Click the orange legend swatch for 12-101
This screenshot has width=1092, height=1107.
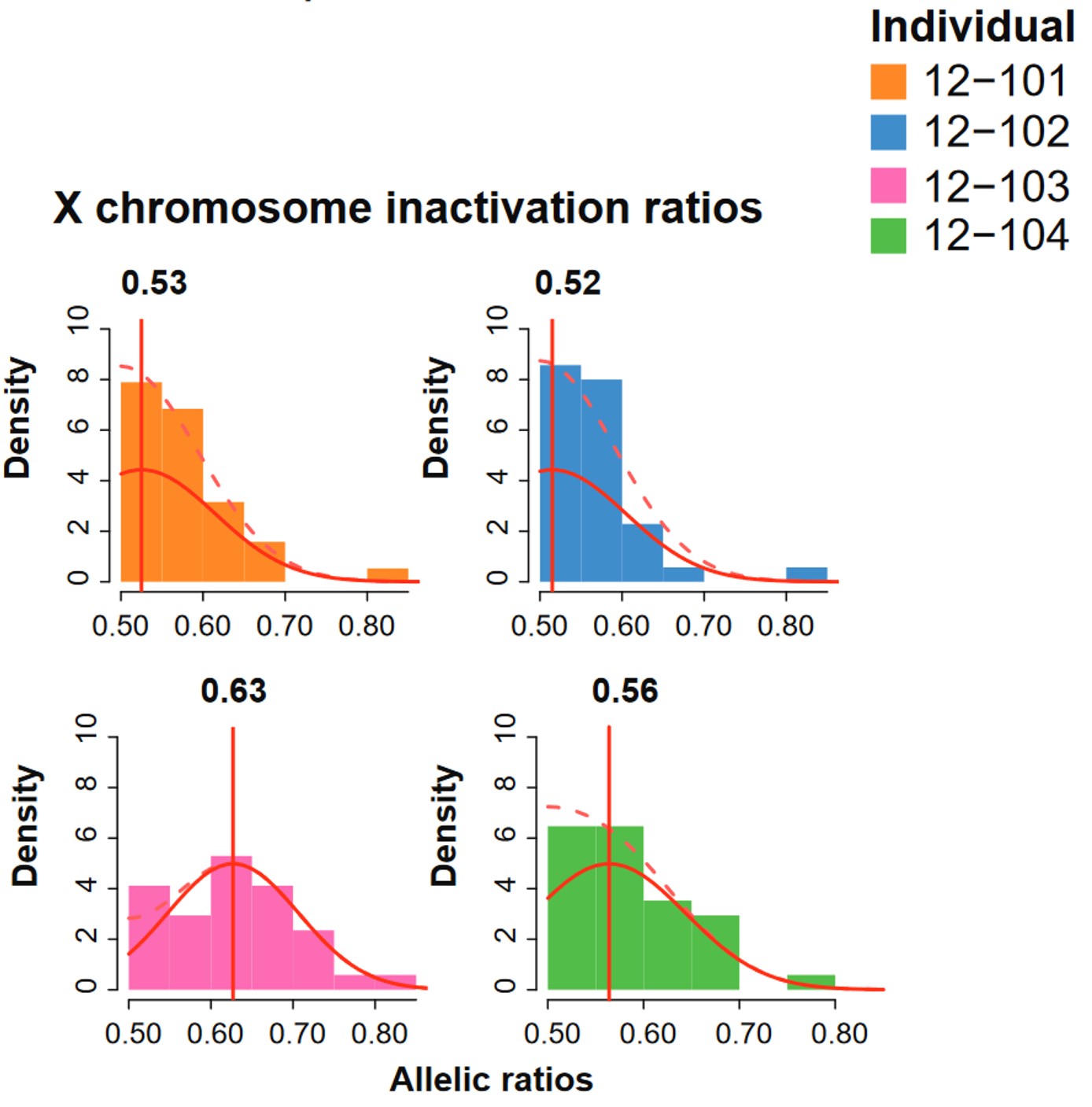(887, 82)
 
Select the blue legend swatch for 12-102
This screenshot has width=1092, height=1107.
(887, 132)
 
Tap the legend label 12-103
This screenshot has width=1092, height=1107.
(995, 186)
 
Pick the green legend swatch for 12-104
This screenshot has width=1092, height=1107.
(887, 236)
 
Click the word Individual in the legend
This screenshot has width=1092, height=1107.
(972, 27)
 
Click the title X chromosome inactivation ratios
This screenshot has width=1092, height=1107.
(408, 208)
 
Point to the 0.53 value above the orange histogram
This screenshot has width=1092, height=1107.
(154, 283)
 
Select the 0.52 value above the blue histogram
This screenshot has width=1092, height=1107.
(567, 283)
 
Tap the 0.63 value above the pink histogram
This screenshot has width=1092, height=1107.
(234, 691)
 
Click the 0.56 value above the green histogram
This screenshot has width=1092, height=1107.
(625, 691)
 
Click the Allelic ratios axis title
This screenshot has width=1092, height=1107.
(491, 1079)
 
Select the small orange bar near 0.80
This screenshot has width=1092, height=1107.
(388, 575)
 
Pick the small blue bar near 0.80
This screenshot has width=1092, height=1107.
(806, 574)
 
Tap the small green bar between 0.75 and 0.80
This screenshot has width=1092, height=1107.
(810, 982)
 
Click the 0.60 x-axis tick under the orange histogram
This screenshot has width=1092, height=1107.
(202, 626)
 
